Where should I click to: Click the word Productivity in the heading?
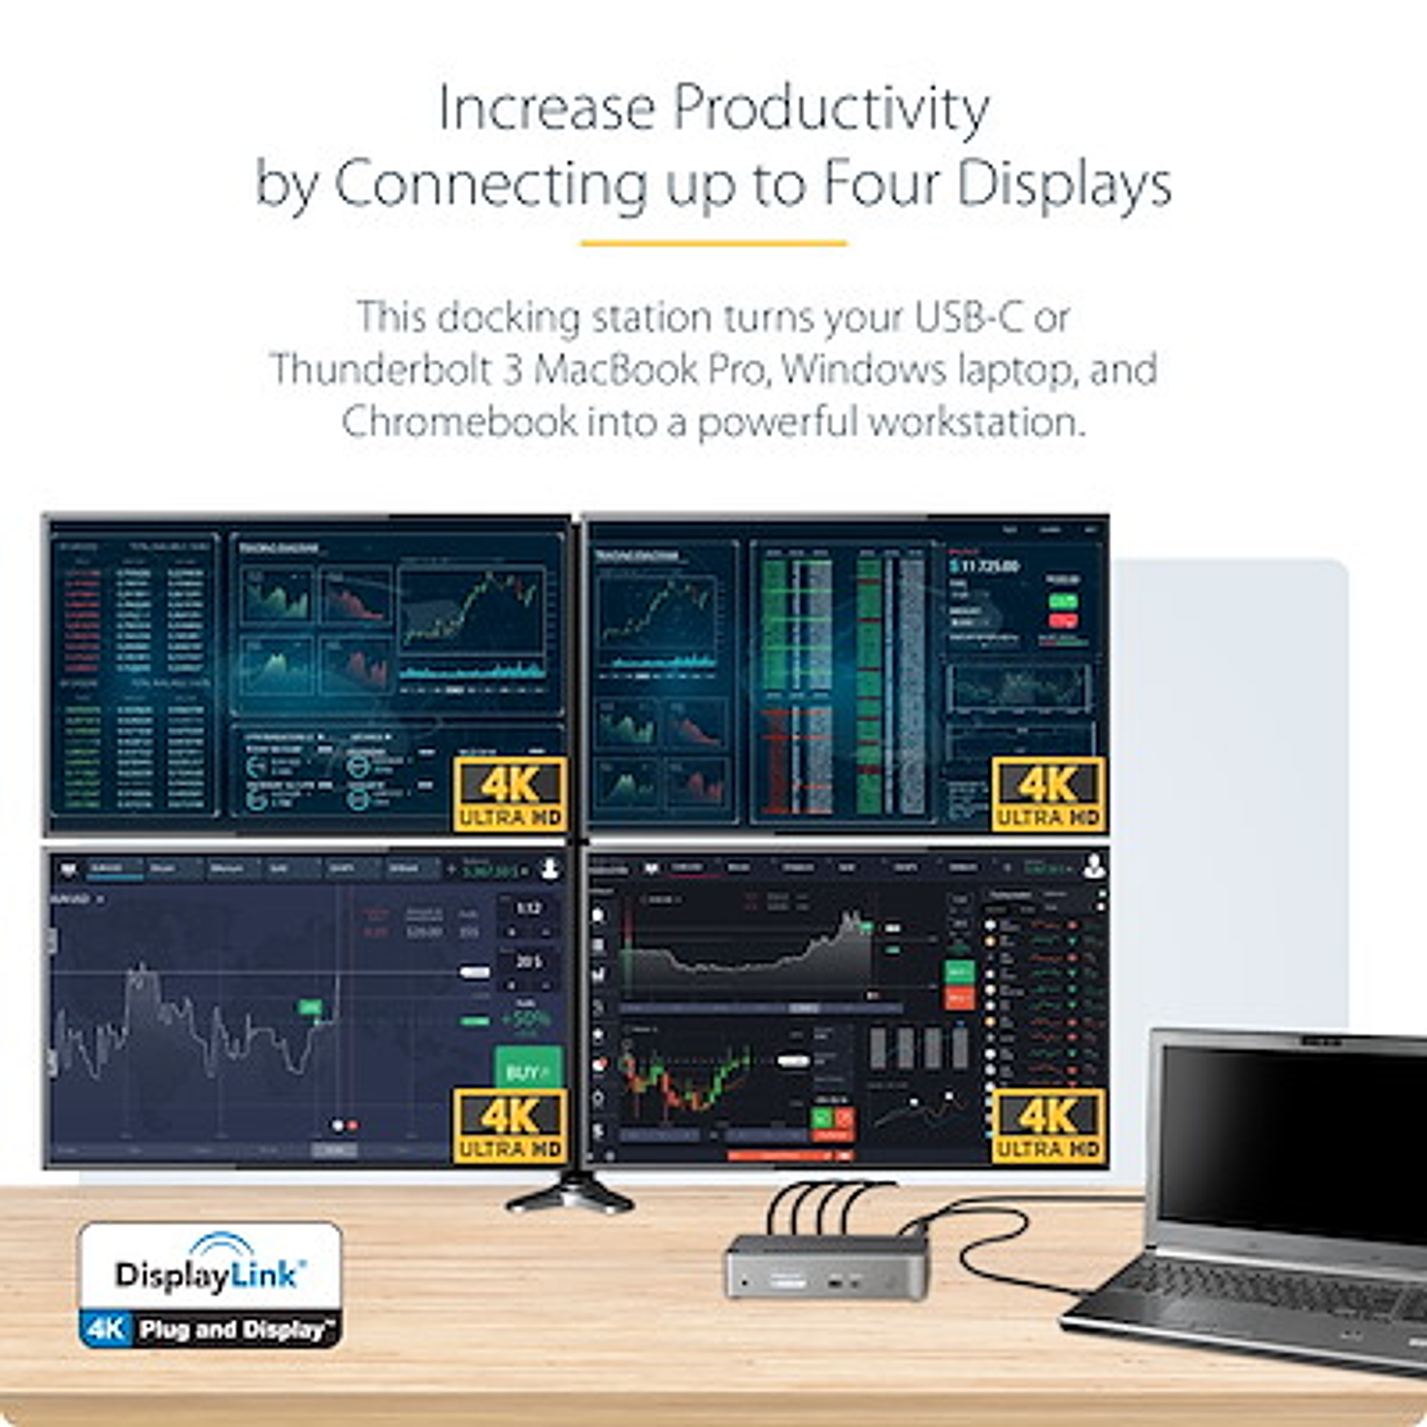click(x=831, y=108)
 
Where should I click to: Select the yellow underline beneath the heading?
click(x=713, y=244)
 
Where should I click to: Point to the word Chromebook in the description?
click(x=459, y=421)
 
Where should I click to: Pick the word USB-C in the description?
click(x=968, y=317)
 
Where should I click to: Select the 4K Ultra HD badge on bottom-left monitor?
click(x=510, y=1126)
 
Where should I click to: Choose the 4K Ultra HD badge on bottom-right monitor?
click(x=1047, y=1126)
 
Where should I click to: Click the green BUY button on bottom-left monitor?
click(x=527, y=1070)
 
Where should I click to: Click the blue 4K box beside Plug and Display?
click(x=106, y=1328)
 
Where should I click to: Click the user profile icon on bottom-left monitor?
click(x=550, y=869)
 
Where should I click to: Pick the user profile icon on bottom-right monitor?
click(x=1094, y=866)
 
